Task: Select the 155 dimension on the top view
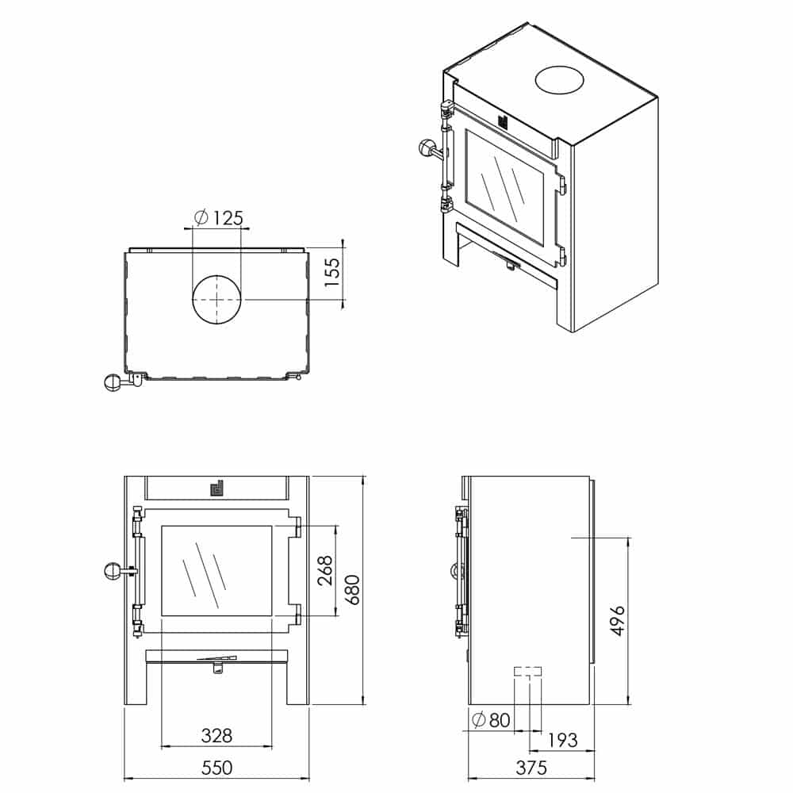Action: [x=331, y=273]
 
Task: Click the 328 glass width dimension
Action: [x=216, y=735]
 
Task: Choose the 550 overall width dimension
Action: [x=216, y=768]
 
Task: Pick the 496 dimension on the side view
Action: [x=618, y=621]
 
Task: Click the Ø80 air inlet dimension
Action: [x=491, y=720]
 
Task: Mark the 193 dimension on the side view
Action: [x=562, y=740]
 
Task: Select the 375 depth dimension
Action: [x=531, y=768]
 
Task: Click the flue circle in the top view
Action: [x=216, y=301]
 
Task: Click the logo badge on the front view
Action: [x=216, y=488]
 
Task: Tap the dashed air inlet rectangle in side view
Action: [x=528, y=672]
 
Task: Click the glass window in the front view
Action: [x=217, y=570]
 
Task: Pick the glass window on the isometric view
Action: [x=504, y=186]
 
